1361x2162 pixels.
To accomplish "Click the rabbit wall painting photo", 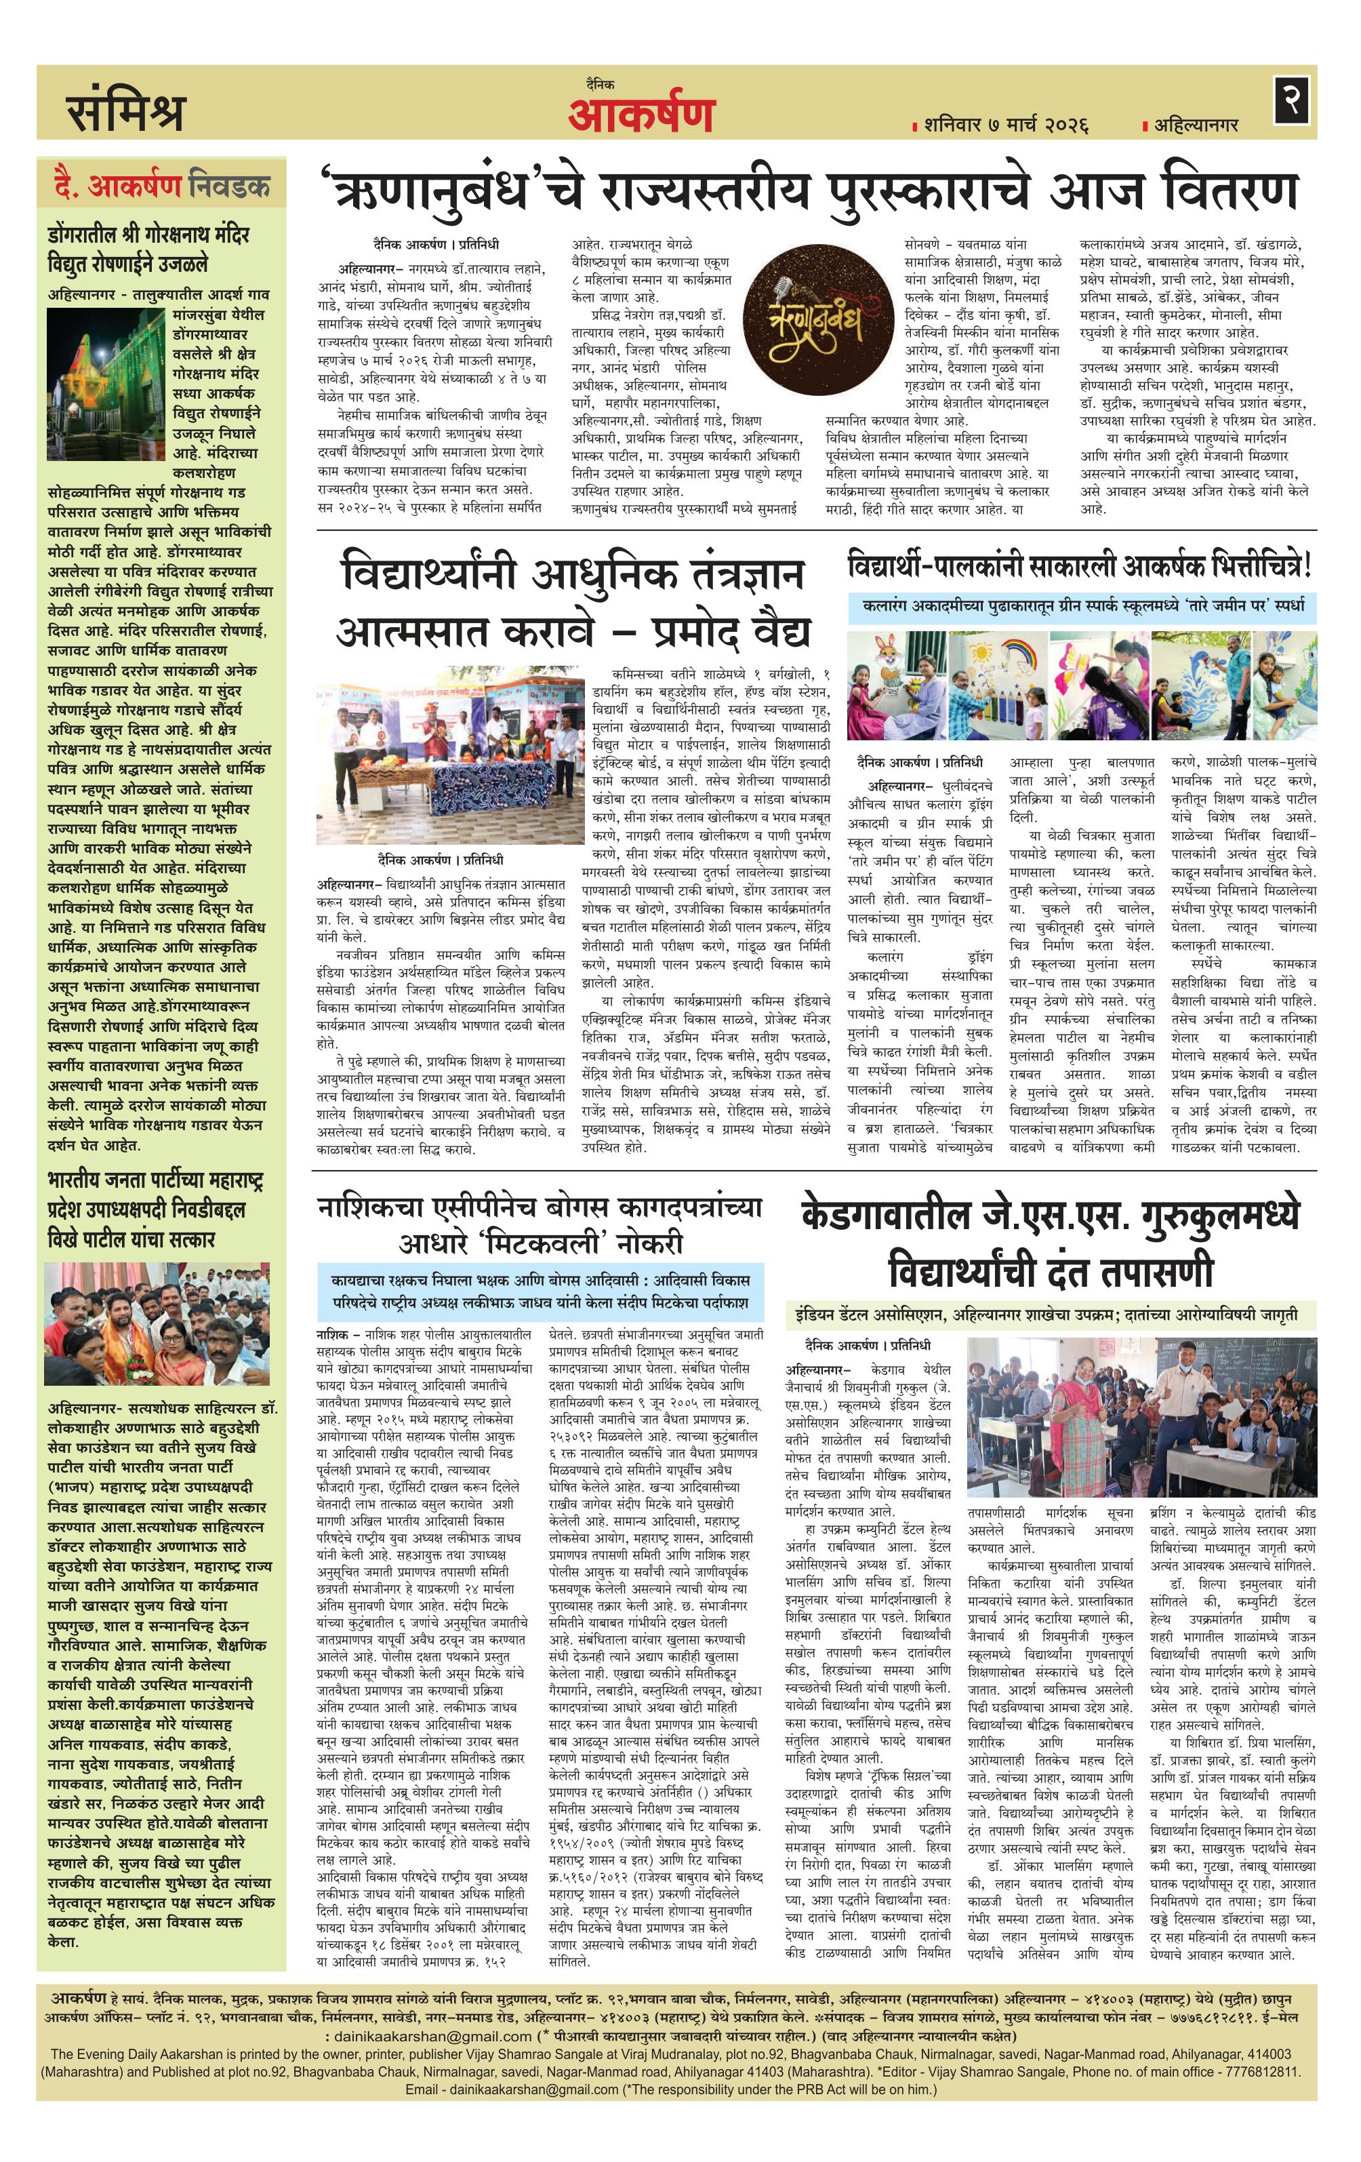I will (895, 685).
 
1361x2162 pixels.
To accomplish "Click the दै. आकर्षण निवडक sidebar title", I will (161, 186).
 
